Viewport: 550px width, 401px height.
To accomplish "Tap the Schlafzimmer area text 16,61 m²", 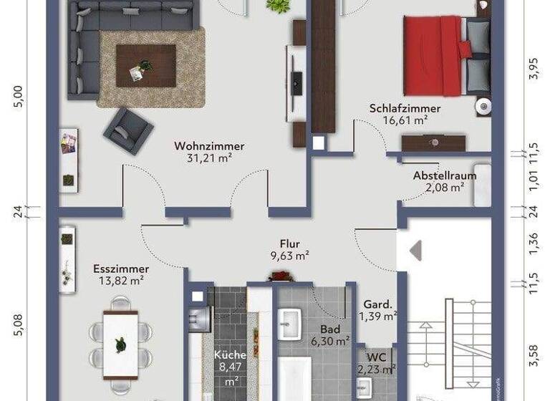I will (x=405, y=120).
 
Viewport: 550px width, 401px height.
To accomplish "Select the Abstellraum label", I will (x=444, y=176).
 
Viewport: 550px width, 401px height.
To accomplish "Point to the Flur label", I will (x=289, y=243).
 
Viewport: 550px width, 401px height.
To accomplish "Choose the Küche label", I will (x=230, y=355).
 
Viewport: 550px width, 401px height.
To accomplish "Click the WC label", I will (x=376, y=357).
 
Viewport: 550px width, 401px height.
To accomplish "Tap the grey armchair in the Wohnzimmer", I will (x=128, y=129).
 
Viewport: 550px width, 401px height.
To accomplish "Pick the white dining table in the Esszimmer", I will (x=120, y=344).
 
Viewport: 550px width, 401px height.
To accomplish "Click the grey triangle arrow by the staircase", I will (x=415, y=250).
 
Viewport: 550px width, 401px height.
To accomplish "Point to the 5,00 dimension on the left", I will (x=19, y=95).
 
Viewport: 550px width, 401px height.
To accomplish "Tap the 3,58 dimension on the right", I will (x=531, y=355).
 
